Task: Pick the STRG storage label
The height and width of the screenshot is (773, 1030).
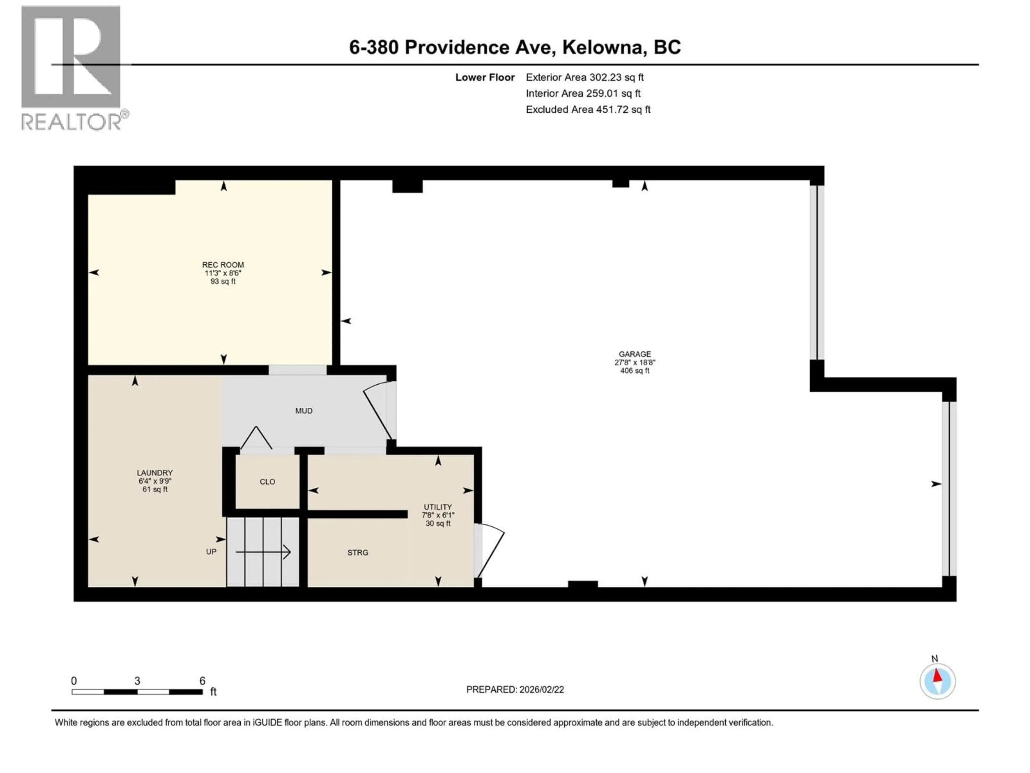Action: point(358,553)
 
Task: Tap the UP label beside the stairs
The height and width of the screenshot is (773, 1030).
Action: point(211,552)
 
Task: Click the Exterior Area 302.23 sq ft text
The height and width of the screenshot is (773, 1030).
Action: point(584,77)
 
